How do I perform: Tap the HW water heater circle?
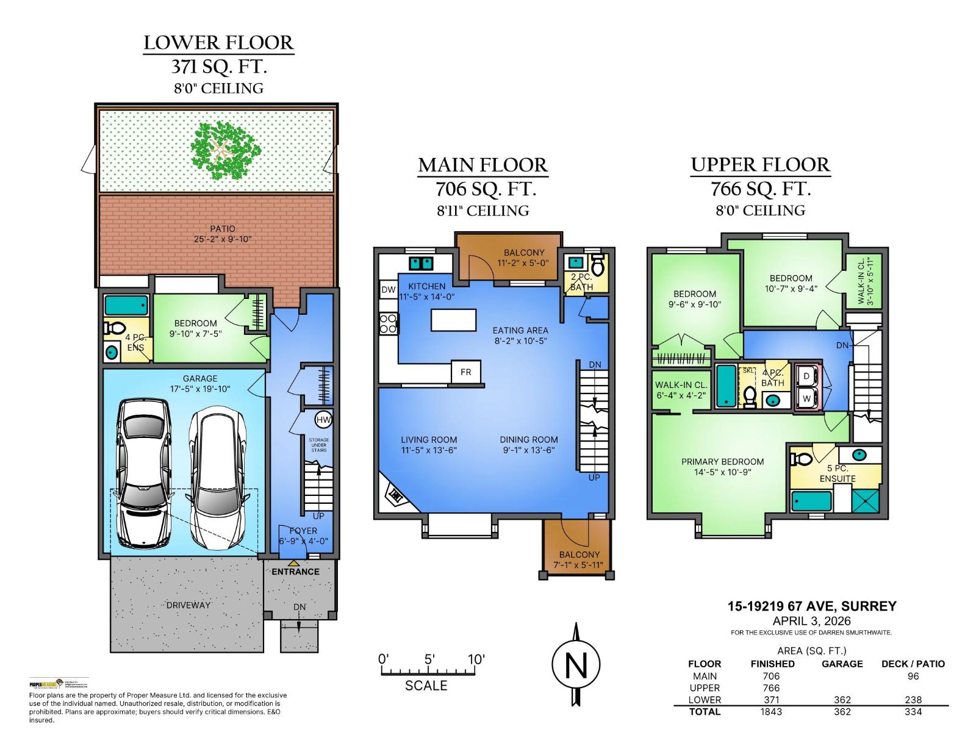323,420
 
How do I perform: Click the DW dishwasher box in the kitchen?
388,290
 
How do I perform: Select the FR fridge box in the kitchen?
466,371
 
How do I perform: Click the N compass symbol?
576,665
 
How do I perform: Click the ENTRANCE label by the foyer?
295,572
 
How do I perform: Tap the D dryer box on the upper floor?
806,376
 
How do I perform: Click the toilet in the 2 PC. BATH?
597,266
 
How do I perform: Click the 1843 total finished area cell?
771,711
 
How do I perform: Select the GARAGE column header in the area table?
842,664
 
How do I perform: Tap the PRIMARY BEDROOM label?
722,462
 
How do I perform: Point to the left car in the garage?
143,473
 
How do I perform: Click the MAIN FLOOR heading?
483,165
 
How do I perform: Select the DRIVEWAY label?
188,605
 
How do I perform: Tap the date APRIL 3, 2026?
811,621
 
